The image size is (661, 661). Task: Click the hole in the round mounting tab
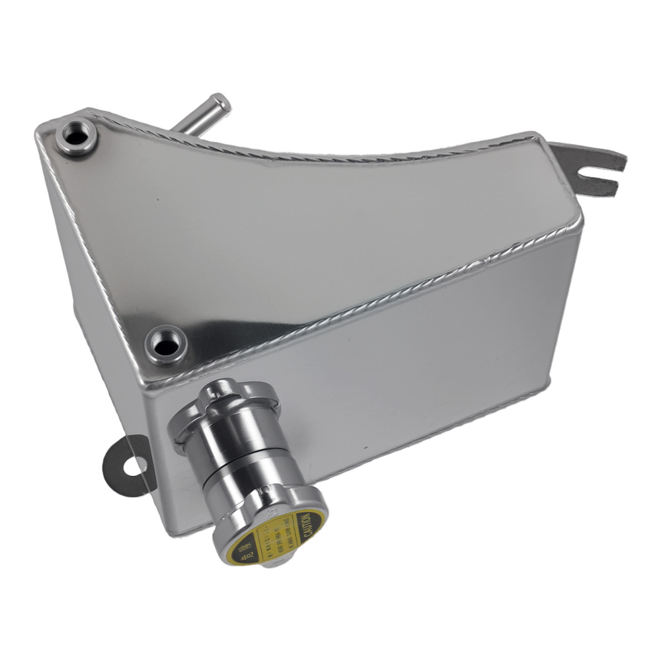(133, 465)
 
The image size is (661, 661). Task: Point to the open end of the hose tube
(221, 104)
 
